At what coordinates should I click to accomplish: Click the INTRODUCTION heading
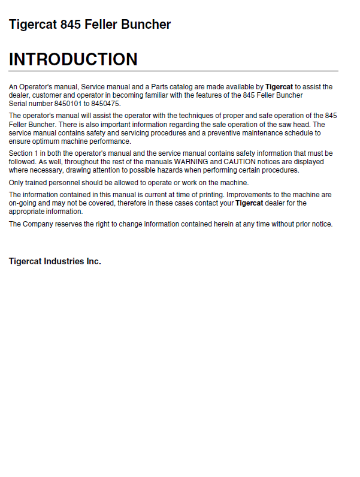(73, 59)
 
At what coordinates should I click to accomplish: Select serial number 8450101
(62, 103)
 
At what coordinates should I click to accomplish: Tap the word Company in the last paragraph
(38, 224)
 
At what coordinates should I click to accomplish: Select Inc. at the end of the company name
(93, 261)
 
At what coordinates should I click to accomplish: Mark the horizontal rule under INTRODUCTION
(173, 71)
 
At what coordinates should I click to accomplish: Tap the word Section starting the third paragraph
(22, 153)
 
